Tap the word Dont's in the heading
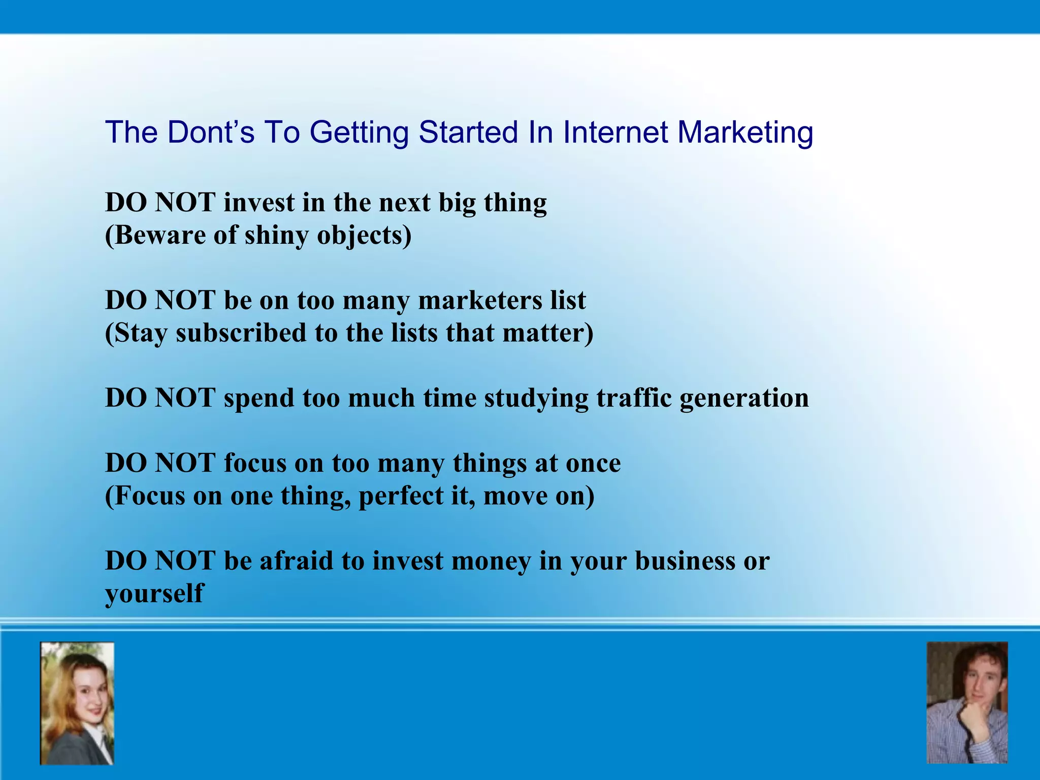pos(210,133)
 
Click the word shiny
pos(276,236)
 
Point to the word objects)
pos(364,236)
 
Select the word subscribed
pos(241,334)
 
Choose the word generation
pos(744,399)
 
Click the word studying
pos(536,399)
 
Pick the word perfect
pos(401,496)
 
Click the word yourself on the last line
pos(154,594)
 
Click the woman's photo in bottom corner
pos(77,703)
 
